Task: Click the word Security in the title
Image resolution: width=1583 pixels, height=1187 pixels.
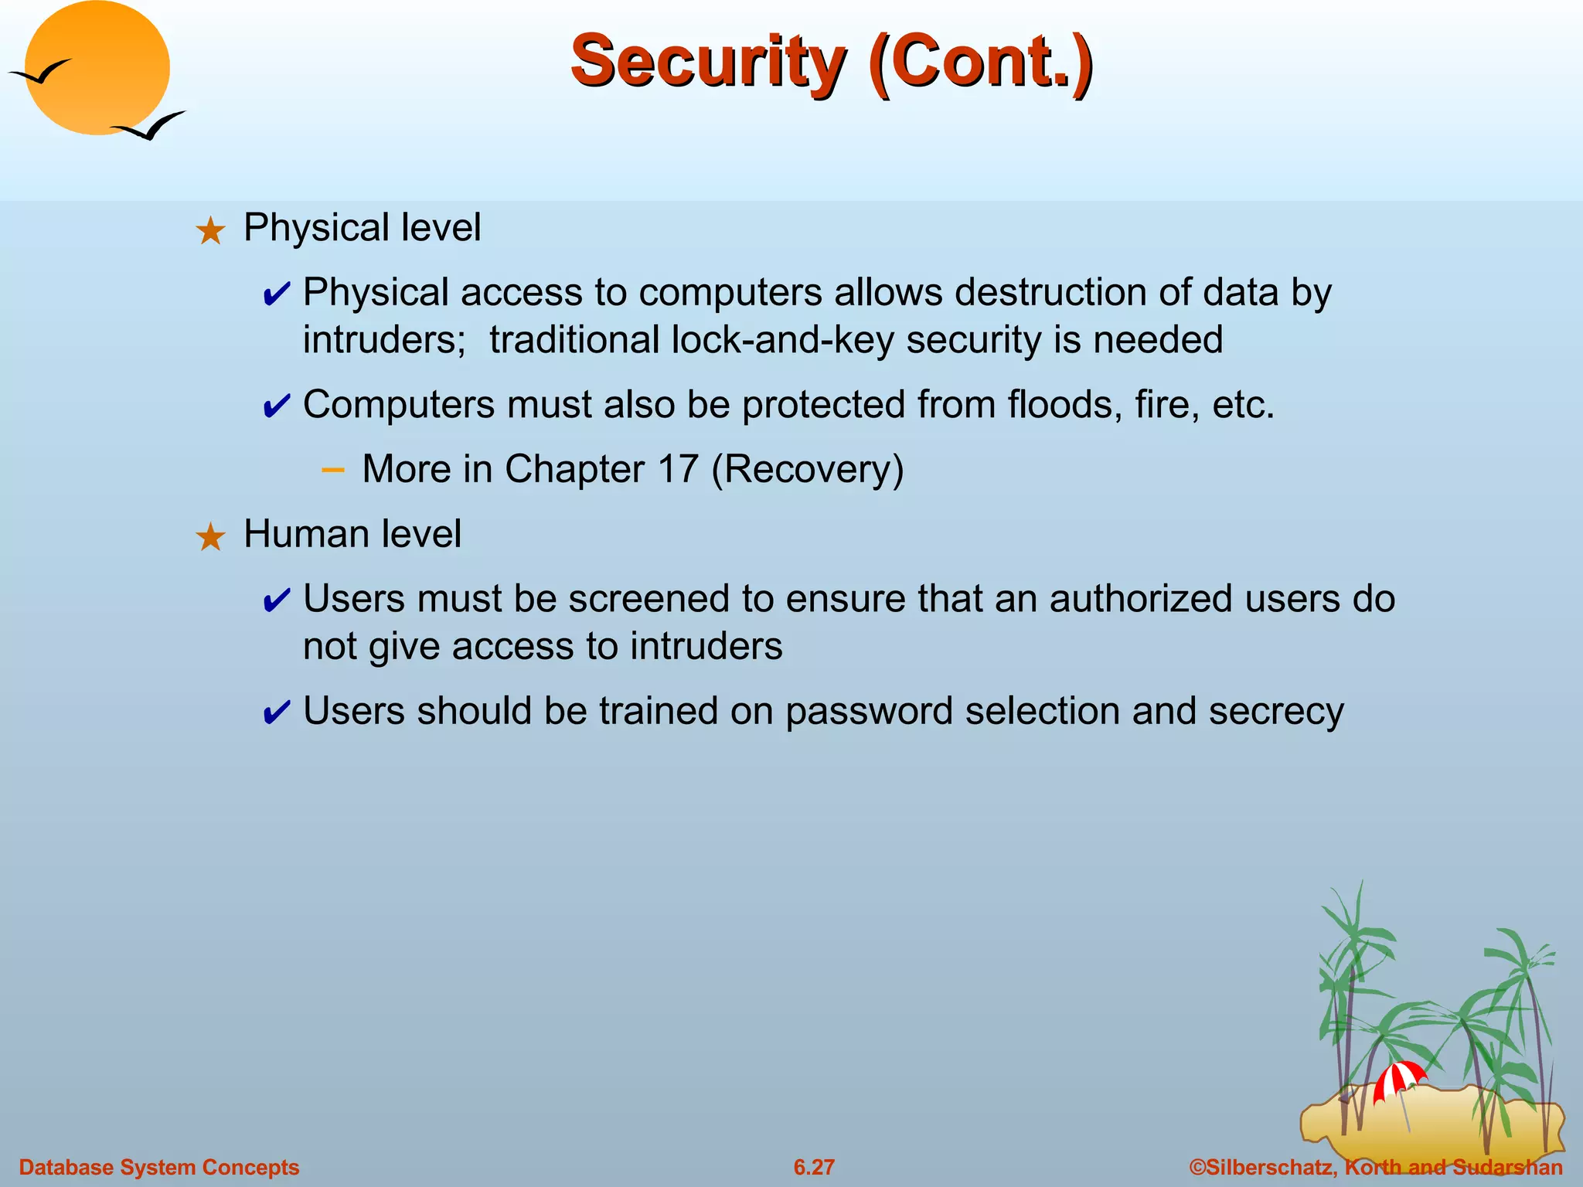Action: pyautogui.click(x=708, y=62)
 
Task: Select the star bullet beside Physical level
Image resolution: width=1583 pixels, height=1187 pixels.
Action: pyautogui.click(x=210, y=231)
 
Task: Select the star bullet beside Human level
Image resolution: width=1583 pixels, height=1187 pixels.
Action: pyautogui.click(x=210, y=537)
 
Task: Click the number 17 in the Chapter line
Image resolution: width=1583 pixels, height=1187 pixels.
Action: pyautogui.click(x=678, y=470)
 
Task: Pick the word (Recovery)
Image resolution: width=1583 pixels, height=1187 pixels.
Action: pyautogui.click(x=807, y=470)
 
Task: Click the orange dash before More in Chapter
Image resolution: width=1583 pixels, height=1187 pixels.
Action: pyautogui.click(x=332, y=469)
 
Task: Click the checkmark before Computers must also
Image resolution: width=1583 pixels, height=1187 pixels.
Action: pyautogui.click(x=277, y=406)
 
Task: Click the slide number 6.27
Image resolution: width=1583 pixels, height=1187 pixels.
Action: pyautogui.click(x=814, y=1167)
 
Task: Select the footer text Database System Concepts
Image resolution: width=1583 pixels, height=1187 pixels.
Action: pyautogui.click(x=158, y=1167)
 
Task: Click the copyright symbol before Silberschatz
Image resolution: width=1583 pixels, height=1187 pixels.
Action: pyautogui.click(x=1197, y=1167)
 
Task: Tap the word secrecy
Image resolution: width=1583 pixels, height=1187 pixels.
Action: pyautogui.click(x=1276, y=712)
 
